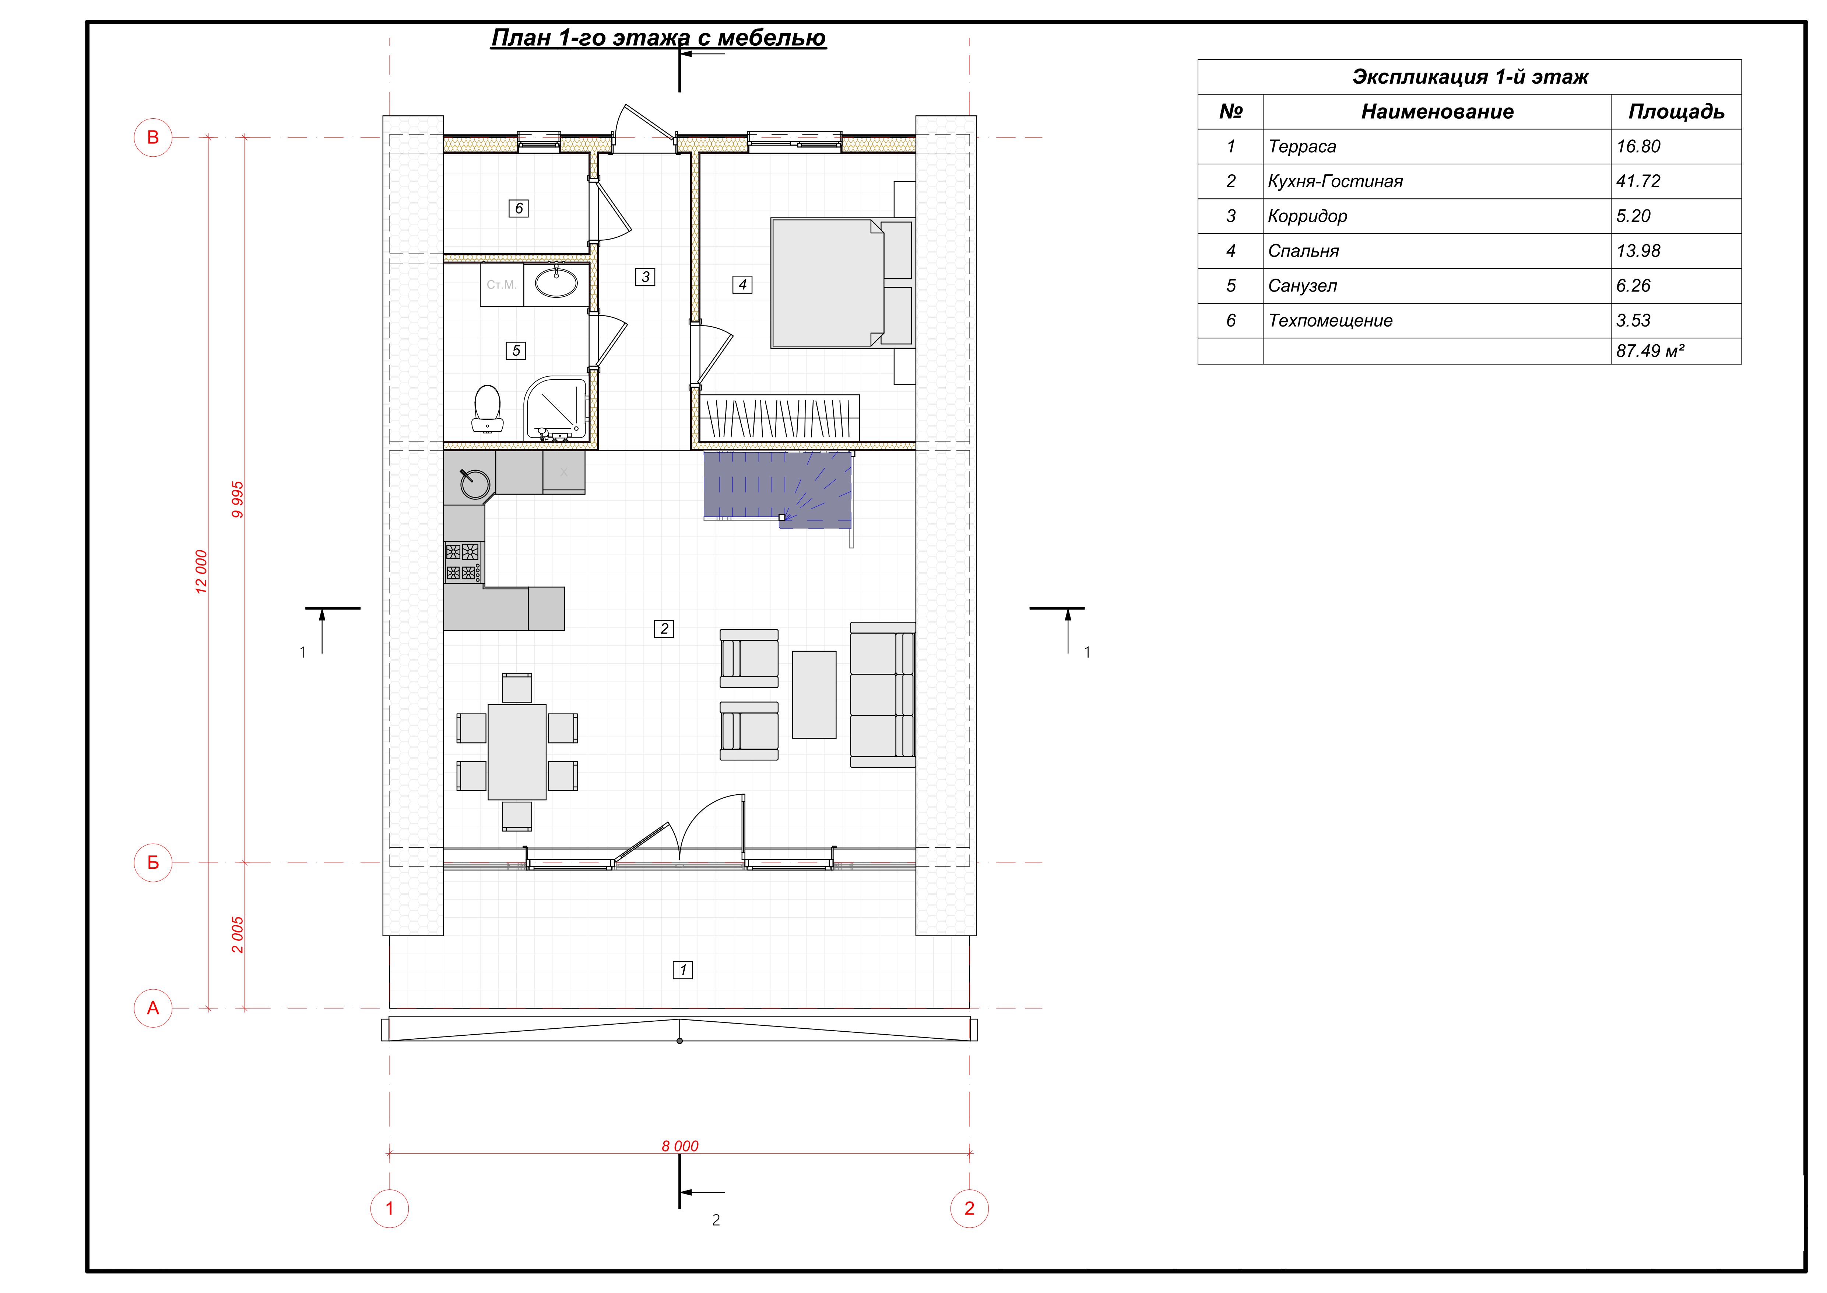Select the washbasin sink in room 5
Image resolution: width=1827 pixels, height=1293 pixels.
[555, 283]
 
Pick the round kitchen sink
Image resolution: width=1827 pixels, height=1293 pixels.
[475, 483]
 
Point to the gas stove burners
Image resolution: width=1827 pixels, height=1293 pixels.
[462, 562]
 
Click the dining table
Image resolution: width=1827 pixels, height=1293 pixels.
[517, 752]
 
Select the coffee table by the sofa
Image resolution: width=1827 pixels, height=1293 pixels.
[814, 694]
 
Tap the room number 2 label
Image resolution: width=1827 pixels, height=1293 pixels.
[664, 628]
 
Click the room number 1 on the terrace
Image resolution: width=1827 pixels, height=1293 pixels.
[683, 970]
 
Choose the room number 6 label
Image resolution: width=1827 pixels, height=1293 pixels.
[518, 208]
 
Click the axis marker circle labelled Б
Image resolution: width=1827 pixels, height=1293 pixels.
[153, 862]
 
